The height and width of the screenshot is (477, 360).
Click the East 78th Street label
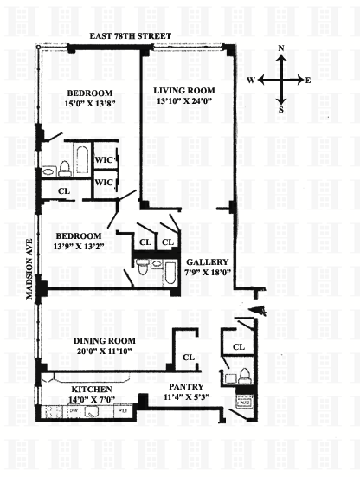click(x=130, y=36)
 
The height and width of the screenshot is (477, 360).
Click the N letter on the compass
click(x=281, y=48)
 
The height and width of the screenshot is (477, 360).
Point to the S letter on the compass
click(x=281, y=110)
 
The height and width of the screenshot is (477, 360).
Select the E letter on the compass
click(x=308, y=81)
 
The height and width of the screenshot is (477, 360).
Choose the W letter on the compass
click(x=251, y=81)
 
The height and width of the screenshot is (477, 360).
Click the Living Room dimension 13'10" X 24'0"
click(x=184, y=101)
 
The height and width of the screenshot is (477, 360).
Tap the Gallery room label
click(x=207, y=262)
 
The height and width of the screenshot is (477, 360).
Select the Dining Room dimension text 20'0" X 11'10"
click(x=105, y=351)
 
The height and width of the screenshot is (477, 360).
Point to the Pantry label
click(x=186, y=387)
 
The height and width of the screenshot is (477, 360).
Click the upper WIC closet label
click(x=105, y=159)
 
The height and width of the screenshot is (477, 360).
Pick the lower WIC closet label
click(x=105, y=183)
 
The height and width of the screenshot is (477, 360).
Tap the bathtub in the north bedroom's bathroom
click(x=82, y=159)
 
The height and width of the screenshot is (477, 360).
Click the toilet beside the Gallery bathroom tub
click(x=142, y=267)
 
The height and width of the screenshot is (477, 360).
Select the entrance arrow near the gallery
click(x=257, y=311)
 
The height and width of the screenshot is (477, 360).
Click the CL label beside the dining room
click(x=189, y=358)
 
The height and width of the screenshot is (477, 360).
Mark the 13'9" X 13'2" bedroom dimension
click(x=79, y=246)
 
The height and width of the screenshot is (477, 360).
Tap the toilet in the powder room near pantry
click(x=244, y=376)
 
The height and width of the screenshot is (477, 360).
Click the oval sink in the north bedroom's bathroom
click(x=48, y=172)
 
